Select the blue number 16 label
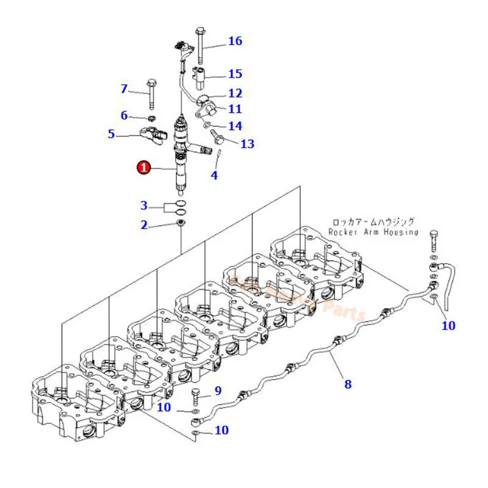235,41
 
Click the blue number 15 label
235,74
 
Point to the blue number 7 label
124,89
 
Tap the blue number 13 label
247,144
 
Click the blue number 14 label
235,126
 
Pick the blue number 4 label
213,176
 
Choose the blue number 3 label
144,205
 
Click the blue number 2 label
144,225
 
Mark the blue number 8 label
348,384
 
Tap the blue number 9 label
218,391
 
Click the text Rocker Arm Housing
373,232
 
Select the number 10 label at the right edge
448,326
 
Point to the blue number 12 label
235,93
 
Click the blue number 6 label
124,115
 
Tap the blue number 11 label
235,109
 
